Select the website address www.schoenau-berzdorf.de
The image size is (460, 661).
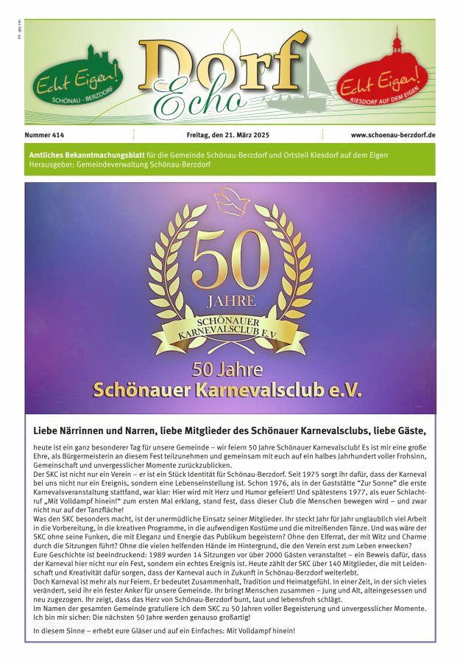tap(393, 136)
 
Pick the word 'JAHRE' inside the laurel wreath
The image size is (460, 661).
tap(230, 302)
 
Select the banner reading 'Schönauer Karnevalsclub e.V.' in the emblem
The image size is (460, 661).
tap(230, 326)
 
